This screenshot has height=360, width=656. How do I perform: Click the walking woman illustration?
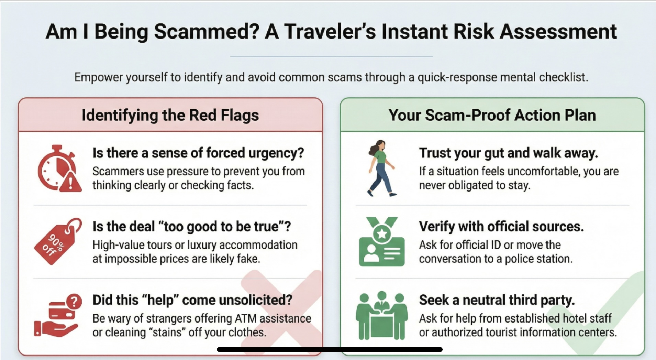click(x=381, y=168)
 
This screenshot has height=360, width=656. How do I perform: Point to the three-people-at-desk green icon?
click(x=382, y=316)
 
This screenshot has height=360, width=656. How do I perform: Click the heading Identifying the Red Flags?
click(x=170, y=116)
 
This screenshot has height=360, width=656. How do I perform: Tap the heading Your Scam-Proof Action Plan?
click(x=492, y=115)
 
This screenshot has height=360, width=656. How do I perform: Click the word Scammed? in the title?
click(x=207, y=32)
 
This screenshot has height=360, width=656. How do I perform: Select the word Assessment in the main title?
click(x=558, y=32)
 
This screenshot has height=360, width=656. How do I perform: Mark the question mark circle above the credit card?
click(x=74, y=302)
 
